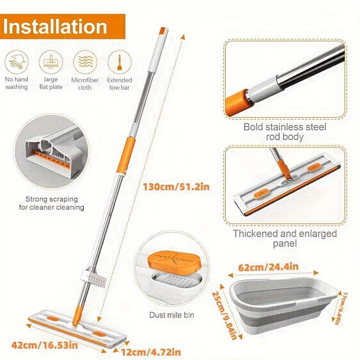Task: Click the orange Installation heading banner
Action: [x=62, y=27]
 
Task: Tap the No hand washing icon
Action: [x=17, y=62]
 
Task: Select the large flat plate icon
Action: [x=51, y=62]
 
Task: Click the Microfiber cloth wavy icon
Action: [x=85, y=62]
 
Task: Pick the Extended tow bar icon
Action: [x=119, y=62]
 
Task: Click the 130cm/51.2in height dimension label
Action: [x=176, y=187]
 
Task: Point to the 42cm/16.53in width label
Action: [x=44, y=345]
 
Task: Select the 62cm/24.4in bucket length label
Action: [x=268, y=267]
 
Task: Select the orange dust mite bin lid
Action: [x=175, y=260]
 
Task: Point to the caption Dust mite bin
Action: [x=172, y=315]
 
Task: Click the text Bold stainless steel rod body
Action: [x=285, y=132]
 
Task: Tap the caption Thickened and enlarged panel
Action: [x=285, y=238]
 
